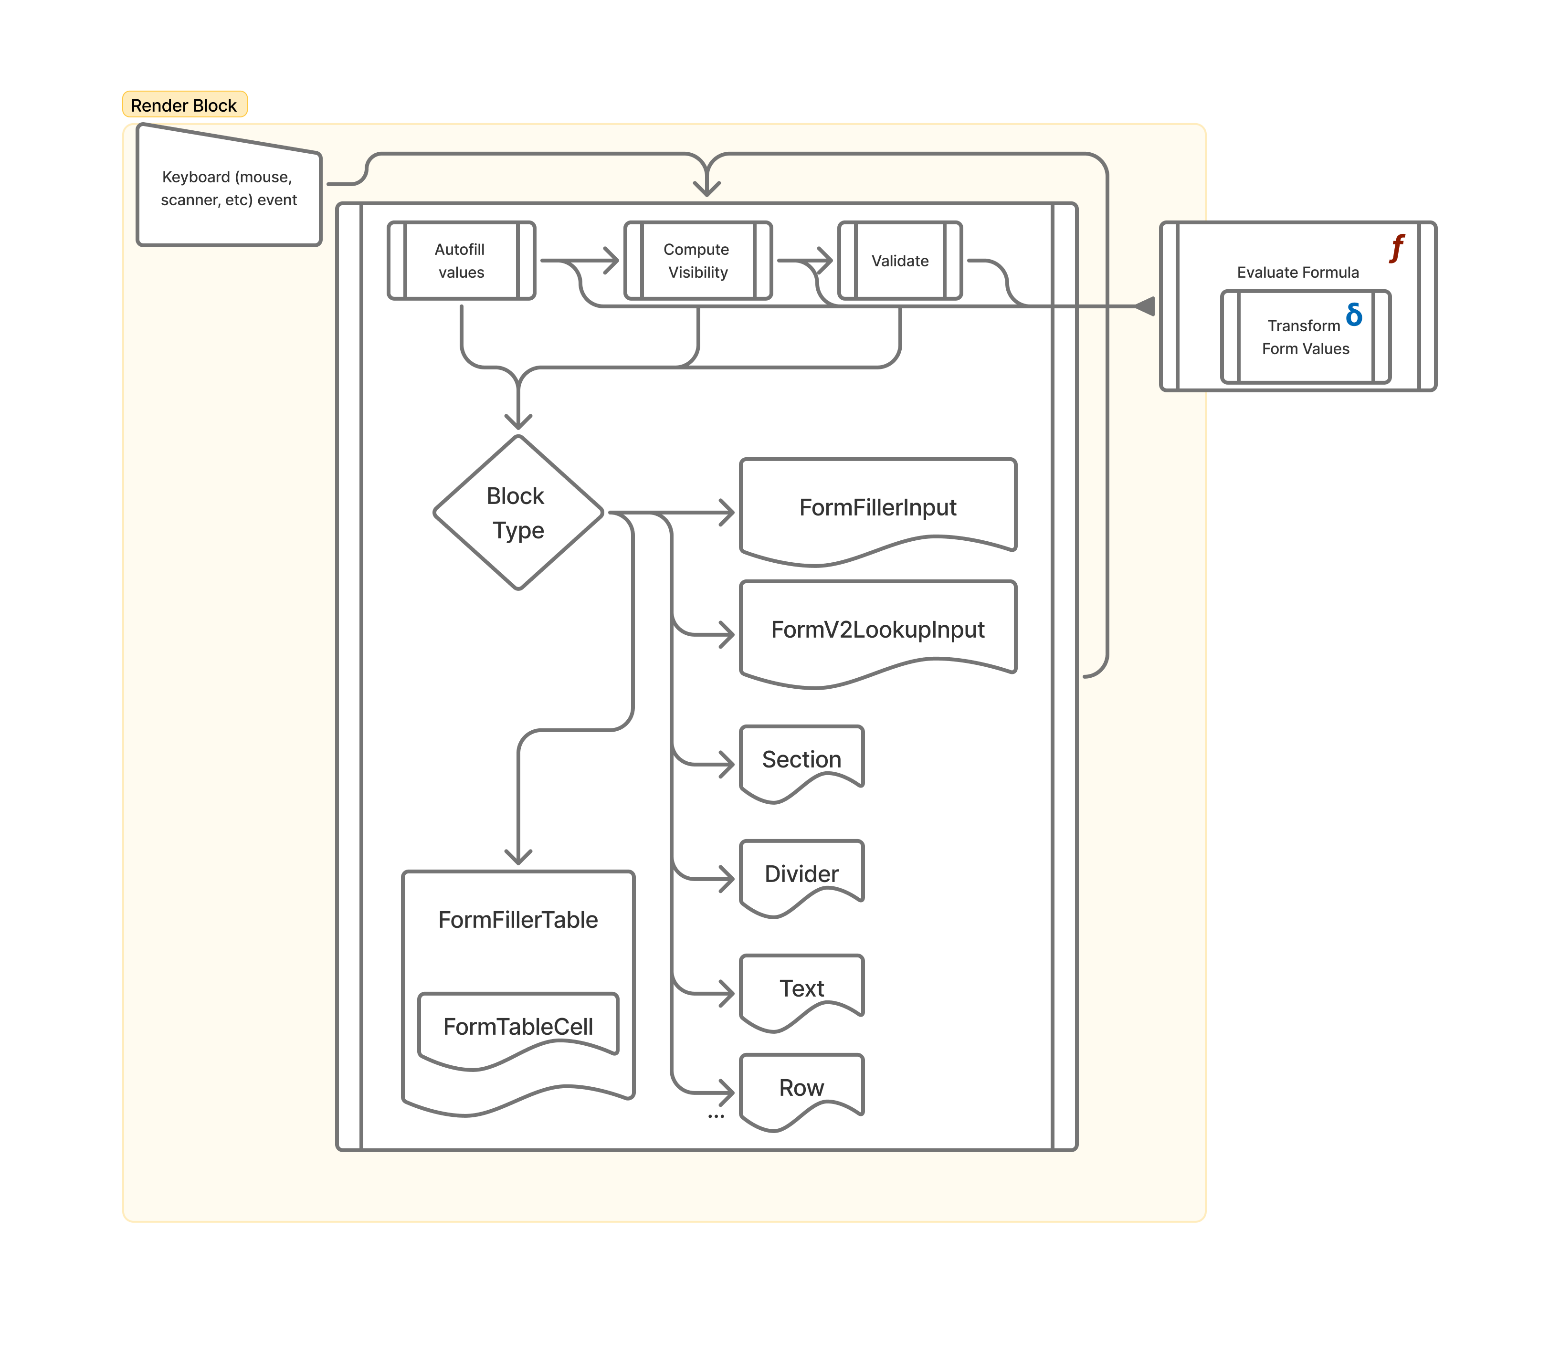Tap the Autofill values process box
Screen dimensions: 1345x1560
point(461,261)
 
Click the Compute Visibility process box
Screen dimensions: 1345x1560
point(698,261)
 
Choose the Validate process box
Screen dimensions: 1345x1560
point(900,261)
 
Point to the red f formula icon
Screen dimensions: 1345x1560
point(1397,248)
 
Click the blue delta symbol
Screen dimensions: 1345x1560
point(1354,315)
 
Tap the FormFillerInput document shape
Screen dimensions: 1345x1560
point(878,508)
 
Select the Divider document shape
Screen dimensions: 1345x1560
point(801,874)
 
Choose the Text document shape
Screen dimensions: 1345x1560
point(801,989)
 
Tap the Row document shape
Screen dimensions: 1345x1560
point(801,1088)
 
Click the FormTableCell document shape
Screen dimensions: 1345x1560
point(518,1027)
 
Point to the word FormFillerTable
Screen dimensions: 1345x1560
point(518,920)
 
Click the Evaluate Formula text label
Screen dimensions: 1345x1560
point(1297,273)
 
